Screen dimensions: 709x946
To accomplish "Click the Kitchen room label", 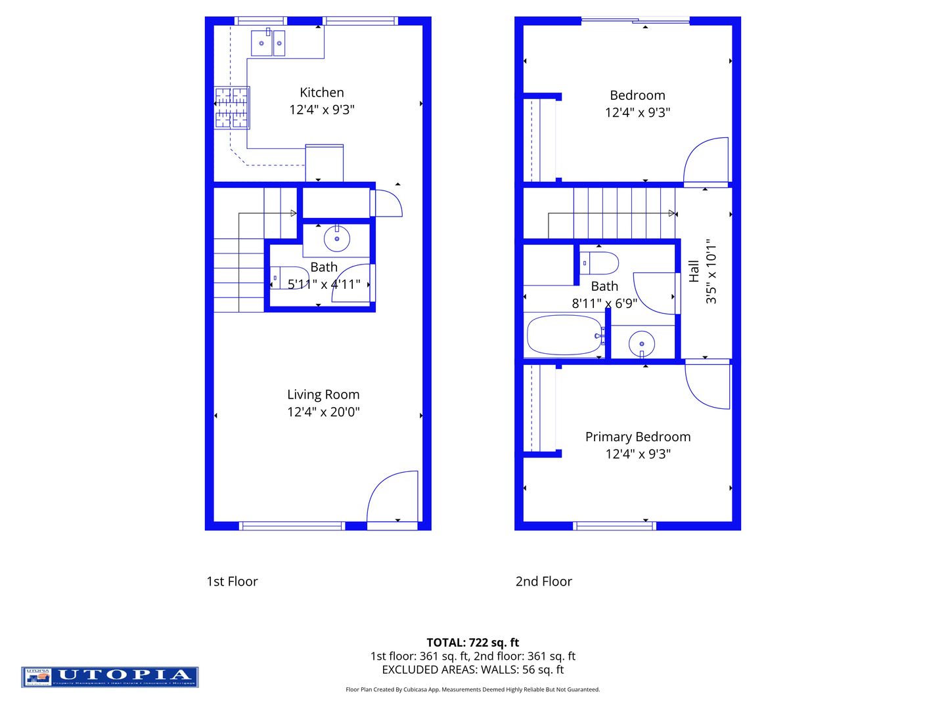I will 321,93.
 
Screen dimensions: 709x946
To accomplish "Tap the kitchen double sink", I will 268,43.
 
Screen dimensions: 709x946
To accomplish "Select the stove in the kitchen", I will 231,108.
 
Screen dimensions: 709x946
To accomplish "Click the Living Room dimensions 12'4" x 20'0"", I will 323,412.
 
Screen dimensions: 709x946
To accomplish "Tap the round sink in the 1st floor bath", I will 337,239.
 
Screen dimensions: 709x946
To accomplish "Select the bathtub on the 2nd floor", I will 565,335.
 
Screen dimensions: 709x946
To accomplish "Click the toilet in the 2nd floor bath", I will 599,263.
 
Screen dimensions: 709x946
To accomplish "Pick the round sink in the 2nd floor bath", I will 642,343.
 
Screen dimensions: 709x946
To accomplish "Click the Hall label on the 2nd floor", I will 694,271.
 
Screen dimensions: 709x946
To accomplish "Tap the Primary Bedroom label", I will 638,437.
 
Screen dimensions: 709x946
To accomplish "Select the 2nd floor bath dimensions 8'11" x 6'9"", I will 604,303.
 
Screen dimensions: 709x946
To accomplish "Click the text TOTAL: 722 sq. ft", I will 472,643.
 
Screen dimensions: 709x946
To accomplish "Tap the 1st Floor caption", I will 232,582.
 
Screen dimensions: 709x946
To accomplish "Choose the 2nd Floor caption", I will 543,582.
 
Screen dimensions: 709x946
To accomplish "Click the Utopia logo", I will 110,677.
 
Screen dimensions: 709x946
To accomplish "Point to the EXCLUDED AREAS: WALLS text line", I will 472,670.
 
